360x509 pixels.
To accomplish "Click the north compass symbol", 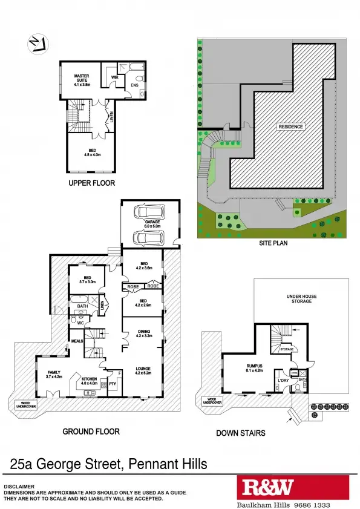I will [36, 43].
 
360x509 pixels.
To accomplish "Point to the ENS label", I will [134, 85].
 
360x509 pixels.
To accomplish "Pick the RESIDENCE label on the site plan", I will [290, 126].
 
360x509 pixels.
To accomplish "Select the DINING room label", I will [144, 333].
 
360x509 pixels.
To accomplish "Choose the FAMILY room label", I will [54, 375].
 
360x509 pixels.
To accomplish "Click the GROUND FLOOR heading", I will [91, 432].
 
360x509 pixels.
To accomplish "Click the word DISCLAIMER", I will [19, 487].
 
